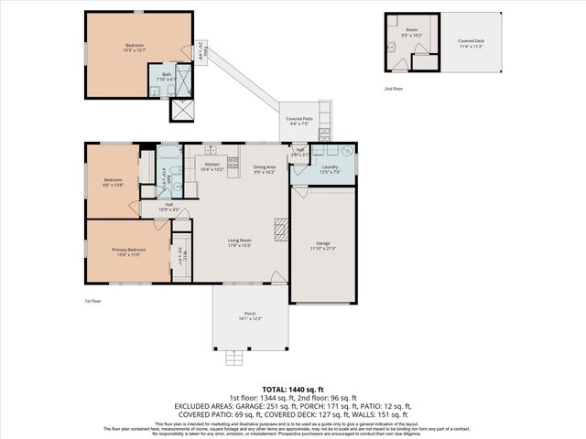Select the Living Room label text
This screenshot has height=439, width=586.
[240, 241]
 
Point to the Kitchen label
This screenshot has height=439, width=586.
[212, 164]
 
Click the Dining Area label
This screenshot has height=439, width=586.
[265, 166]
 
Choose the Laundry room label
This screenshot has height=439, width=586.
[330, 166]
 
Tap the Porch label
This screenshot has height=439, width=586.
[250, 314]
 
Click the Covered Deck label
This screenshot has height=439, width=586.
[459, 41]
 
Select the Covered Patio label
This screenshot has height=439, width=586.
[299, 119]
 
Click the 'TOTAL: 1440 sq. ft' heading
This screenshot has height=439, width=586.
[293, 390]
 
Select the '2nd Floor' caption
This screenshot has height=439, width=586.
[394, 89]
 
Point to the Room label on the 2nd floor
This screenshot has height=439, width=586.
[412, 30]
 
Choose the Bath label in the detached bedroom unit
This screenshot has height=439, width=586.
[167, 74]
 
